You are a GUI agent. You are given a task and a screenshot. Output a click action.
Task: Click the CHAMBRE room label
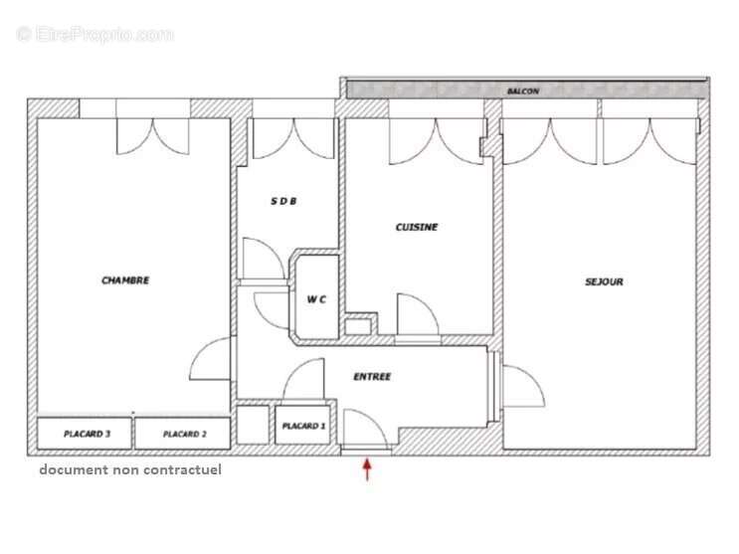tap(125, 280)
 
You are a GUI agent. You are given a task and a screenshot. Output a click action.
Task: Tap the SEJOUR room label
tap(604, 281)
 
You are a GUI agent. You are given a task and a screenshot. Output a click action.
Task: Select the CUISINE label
tap(417, 227)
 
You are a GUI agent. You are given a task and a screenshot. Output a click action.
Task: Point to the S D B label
tap(283, 201)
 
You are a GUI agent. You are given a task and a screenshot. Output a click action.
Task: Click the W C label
tap(316, 299)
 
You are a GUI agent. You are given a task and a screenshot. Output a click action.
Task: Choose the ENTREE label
tap(372, 376)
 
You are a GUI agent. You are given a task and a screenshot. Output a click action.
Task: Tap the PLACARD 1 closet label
tap(303, 426)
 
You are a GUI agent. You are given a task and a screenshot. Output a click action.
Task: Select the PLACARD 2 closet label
tap(185, 434)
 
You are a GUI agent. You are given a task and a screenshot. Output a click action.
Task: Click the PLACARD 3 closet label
tap(87, 434)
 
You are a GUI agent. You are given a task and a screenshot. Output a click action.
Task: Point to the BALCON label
tap(523, 91)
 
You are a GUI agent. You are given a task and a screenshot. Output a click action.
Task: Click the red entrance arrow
tap(367, 470)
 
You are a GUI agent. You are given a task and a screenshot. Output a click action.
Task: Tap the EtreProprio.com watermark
tap(94, 35)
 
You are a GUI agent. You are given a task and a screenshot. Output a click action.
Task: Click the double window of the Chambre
tap(153, 136)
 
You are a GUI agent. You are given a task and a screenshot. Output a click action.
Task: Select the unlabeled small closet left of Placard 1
tap(253, 425)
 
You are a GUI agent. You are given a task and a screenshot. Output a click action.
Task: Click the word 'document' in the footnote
tap(74, 469)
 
